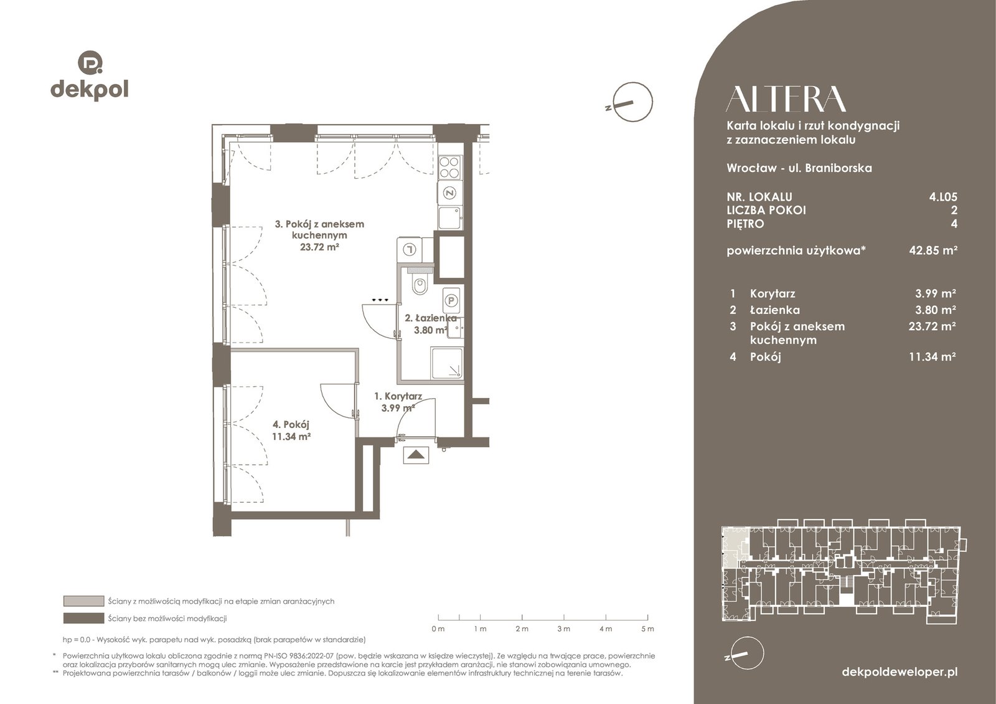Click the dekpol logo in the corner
click(90, 75)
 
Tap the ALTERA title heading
click(786, 98)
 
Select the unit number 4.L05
click(943, 197)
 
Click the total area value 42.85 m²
click(933, 250)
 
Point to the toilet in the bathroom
click(420, 283)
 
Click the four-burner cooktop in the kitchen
click(449, 168)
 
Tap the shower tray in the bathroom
click(446, 364)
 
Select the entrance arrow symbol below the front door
click(416, 455)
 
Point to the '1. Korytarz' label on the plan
click(398, 396)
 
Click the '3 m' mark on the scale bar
click(563, 629)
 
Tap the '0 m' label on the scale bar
click(438, 629)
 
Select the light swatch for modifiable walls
click(83, 601)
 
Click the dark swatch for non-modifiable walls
click(83, 618)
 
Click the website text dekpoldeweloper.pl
click(900, 672)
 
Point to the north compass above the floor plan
click(631, 102)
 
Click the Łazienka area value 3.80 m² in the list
click(932, 310)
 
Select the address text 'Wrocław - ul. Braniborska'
click(799, 168)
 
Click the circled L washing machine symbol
click(410, 249)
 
